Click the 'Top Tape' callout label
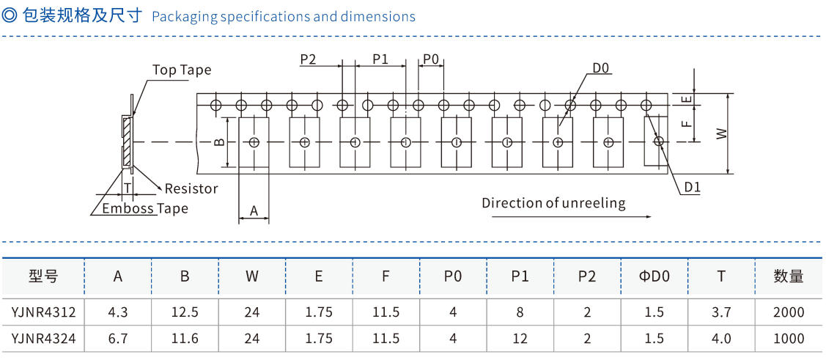[181, 70]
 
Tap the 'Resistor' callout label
[191, 188]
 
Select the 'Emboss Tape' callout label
[144, 208]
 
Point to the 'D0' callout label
[601, 68]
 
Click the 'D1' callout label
[692, 188]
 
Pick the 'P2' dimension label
[308, 59]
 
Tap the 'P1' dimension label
[380, 59]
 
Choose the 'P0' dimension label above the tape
[431, 59]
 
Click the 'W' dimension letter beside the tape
[721, 134]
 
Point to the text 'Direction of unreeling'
[553, 203]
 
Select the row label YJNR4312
[43, 312]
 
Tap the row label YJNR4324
[43, 339]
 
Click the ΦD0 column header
[654, 276]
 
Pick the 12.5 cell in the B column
[185, 312]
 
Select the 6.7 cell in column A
[118, 339]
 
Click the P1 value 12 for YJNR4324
[520, 339]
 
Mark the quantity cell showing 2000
[788, 312]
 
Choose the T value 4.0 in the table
[721, 339]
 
